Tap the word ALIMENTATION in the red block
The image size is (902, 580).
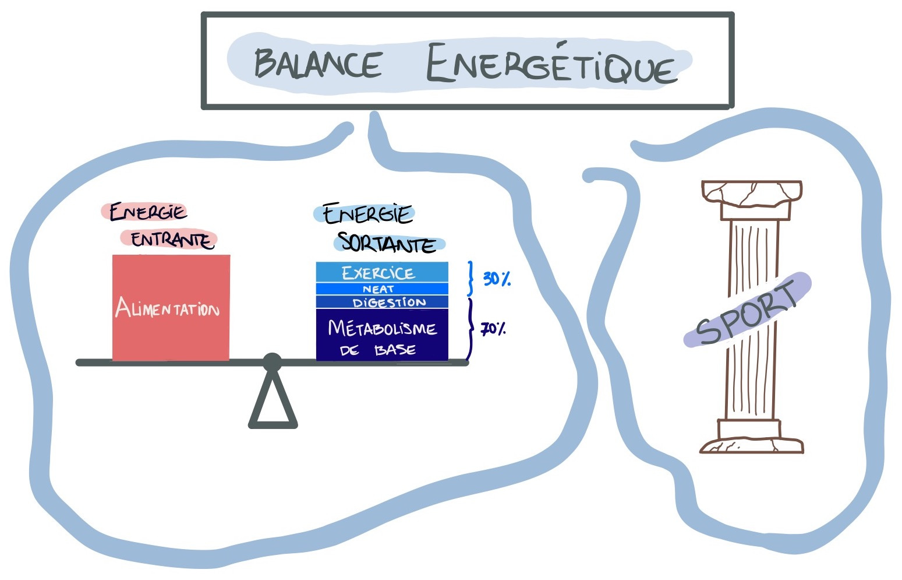pos(167,308)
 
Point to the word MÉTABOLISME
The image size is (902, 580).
pos(382,328)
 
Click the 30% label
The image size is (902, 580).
pos(497,279)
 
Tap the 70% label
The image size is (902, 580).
pos(493,329)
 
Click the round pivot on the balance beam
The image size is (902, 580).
pos(272,362)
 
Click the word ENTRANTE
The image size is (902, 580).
pos(171,240)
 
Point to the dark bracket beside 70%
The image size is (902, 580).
pos(470,329)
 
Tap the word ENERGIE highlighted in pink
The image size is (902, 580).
pos(147,212)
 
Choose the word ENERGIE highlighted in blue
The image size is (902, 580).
pos(367,214)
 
